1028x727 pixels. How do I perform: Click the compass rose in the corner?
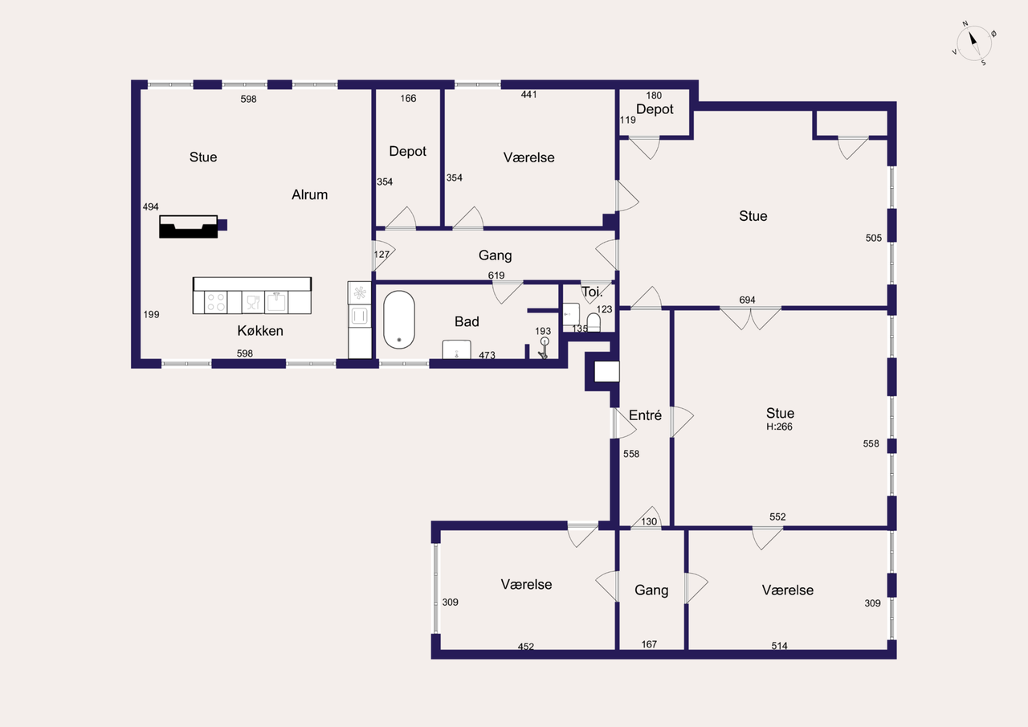[x=973, y=43]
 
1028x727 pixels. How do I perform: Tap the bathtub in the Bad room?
[x=399, y=320]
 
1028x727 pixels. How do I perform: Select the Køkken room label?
[x=260, y=331]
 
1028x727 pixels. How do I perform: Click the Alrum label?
[x=310, y=194]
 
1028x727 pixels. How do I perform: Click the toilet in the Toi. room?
[x=594, y=322]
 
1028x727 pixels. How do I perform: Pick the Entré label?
[x=645, y=415]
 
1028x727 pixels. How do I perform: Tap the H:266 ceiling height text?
[x=779, y=427]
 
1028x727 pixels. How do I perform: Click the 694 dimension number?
[x=747, y=300]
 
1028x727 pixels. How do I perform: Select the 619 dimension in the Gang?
[x=496, y=276]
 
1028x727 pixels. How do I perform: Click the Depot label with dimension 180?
[x=655, y=109]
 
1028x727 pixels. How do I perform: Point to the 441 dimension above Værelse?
[x=528, y=94]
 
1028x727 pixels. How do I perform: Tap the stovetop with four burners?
[x=216, y=303]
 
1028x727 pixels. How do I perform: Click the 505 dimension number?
[x=873, y=238]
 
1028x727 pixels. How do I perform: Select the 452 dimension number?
[x=526, y=646]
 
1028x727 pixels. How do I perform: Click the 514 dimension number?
[x=779, y=646]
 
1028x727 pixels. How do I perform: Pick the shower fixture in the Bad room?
[x=544, y=349]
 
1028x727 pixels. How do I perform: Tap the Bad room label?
[x=467, y=322]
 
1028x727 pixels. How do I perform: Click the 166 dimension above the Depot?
[x=408, y=98]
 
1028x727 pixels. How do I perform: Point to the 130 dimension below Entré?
[x=649, y=521]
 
